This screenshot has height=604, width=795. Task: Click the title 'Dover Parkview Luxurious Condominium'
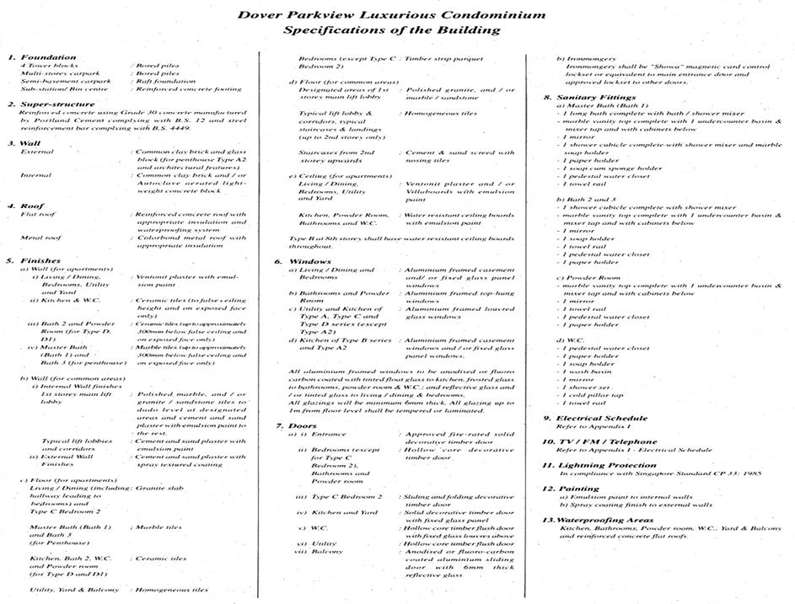[x=390, y=14]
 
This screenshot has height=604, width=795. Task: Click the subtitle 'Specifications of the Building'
[x=391, y=29]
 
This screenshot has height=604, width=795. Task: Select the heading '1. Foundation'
[x=42, y=57]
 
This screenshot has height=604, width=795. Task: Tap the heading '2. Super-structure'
[x=52, y=104]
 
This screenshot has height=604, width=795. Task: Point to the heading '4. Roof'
[x=27, y=206]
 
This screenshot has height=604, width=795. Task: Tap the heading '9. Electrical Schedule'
[x=594, y=418]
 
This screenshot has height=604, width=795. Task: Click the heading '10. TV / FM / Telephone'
[x=599, y=441]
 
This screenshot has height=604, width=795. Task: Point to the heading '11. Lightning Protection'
[x=600, y=464]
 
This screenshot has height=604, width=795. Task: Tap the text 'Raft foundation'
[x=164, y=81]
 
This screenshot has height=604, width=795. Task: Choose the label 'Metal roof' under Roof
[x=40, y=238]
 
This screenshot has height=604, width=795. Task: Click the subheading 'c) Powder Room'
[x=587, y=277]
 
